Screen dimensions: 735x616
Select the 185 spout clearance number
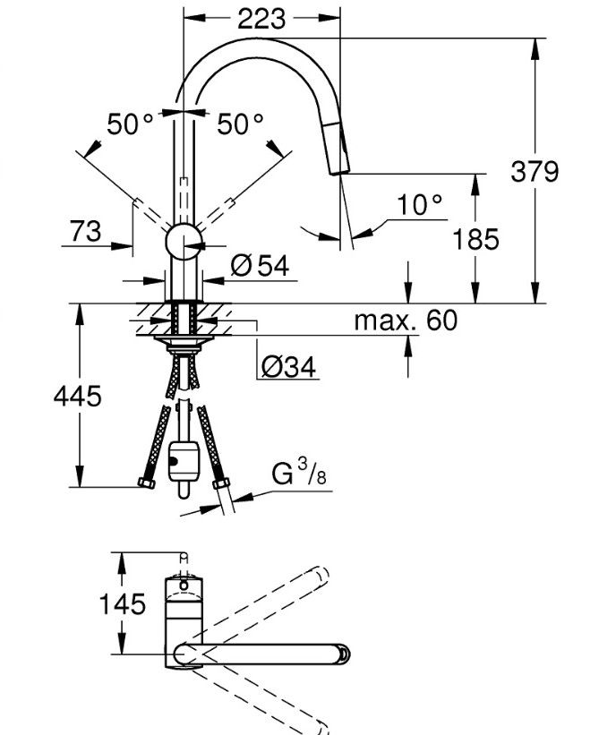[475, 239]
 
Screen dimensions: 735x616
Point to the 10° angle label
[420, 205]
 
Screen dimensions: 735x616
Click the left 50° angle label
[131, 124]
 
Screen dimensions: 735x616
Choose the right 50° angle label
[241, 124]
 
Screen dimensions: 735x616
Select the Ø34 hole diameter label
[289, 366]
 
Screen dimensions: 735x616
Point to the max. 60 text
[405, 320]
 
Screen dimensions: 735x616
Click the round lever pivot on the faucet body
[184, 243]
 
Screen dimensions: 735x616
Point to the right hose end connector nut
[219, 487]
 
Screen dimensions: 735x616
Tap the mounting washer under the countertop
[183, 340]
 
